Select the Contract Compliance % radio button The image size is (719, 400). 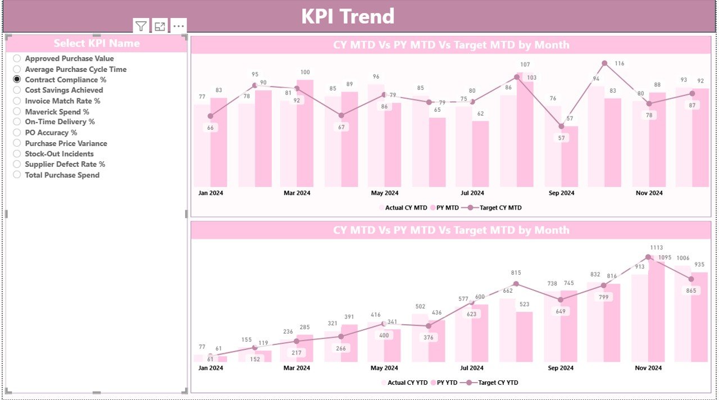[17, 80]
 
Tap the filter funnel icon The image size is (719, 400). [141, 26]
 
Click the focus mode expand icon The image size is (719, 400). [160, 26]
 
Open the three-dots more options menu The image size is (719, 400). [179, 26]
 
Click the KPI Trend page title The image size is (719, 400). [348, 16]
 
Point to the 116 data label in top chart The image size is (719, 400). [619, 63]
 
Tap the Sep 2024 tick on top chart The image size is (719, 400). [561, 193]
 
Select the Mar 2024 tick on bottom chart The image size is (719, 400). [297, 368]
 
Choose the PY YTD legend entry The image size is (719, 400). [447, 383]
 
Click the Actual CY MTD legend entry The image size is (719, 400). [406, 208]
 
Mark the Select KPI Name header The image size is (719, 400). [97, 43]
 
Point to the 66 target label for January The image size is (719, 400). [211, 128]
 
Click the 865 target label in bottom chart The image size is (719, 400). [691, 290]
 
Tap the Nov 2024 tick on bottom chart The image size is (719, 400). [648, 368]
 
